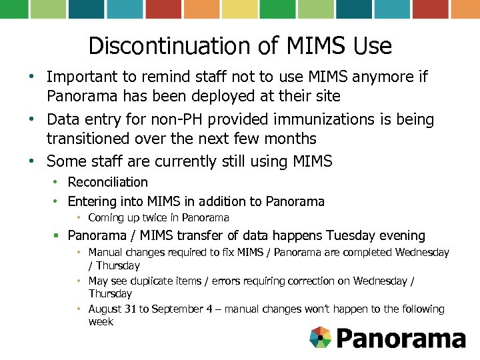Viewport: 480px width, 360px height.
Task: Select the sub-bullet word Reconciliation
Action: (x=108, y=182)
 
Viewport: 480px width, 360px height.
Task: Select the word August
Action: (x=105, y=309)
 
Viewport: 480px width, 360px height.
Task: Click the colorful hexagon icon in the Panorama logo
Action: (x=321, y=337)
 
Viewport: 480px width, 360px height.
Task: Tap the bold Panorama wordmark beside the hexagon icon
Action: (x=401, y=338)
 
